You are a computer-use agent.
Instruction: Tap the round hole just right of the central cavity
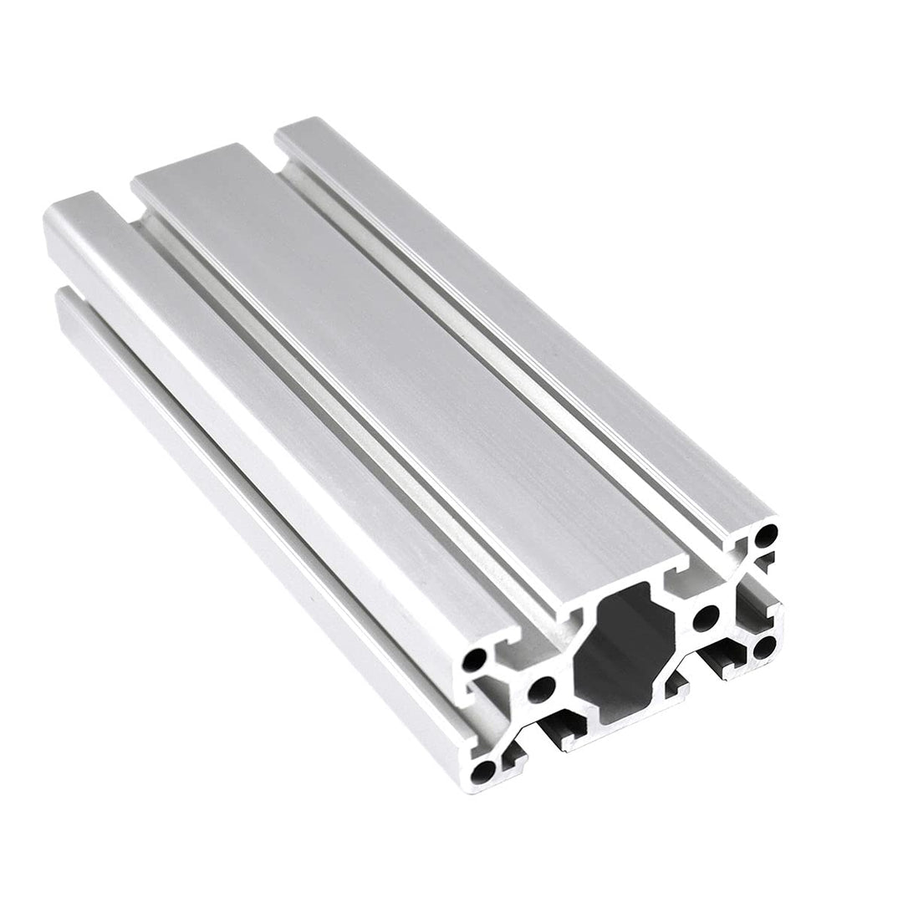pyautogui.click(x=706, y=619)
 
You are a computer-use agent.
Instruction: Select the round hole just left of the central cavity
pyautogui.click(x=541, y=690)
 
